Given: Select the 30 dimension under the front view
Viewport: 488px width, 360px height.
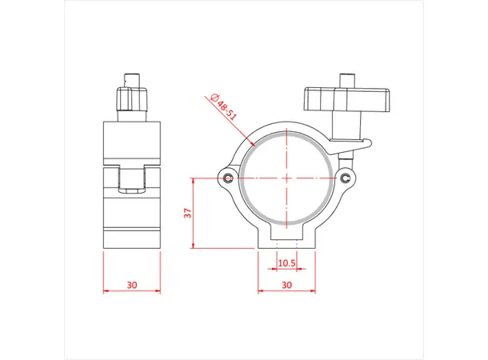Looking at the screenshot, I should (286, 284).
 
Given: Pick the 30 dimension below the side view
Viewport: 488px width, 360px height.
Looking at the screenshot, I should (132, 284).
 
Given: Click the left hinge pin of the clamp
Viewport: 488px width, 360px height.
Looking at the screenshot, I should (230, 177).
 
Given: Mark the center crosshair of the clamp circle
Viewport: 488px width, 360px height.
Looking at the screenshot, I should (286, 177).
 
